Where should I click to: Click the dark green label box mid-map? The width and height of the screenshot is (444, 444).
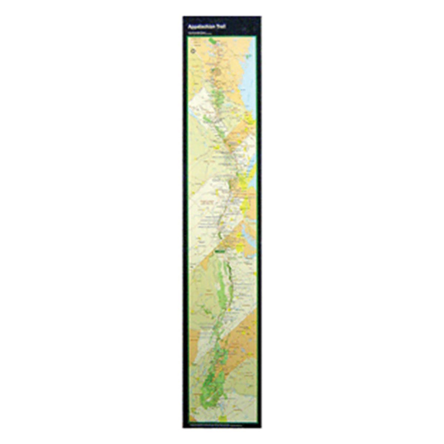[x=220, y=251]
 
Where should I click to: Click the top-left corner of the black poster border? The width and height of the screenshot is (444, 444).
[x=184, y=17]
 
